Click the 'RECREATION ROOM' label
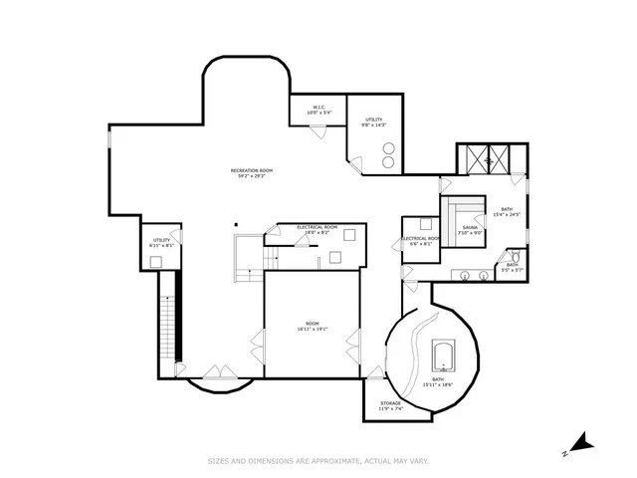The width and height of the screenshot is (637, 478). pos(252,170)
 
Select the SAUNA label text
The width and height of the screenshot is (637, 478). pos(469,228)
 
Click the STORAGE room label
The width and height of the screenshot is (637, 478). pos(389,403)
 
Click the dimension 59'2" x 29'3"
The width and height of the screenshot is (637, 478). pos(252,176)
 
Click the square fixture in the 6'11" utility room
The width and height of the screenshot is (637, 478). pos(156,261)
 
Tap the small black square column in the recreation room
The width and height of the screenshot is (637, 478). pos(237,224)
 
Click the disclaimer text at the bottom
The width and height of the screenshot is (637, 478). pos(318,461)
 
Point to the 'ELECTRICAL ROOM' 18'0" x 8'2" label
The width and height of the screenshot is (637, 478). pos(317,228)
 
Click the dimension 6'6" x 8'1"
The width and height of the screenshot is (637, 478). pos(420,244)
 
